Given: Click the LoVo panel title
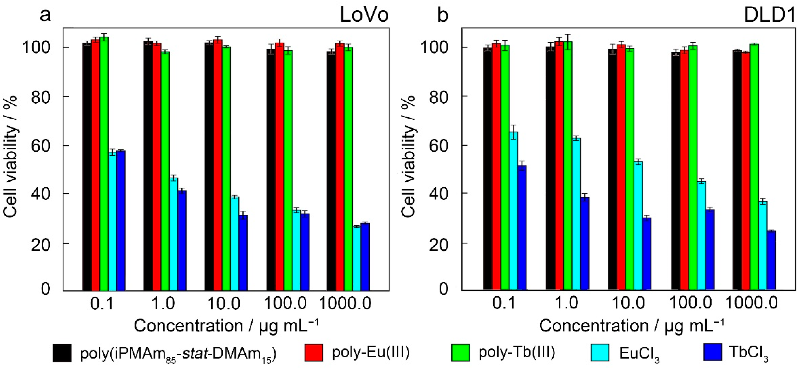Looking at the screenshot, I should pyautogui.click(x=364, y=15).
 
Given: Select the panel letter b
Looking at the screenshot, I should pyautogui.click(x=442, y=15).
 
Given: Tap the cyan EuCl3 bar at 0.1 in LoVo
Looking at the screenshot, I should pyautogui.click(x=112, y=221).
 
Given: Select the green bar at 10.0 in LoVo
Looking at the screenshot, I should pyautogui.click(x=226, y=168).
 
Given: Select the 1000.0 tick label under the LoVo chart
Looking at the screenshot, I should pyautogui.click(x=345, y=303).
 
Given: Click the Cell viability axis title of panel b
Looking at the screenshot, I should pyautogui.click(x=408, y=156).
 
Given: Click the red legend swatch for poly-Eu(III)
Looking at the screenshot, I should pyautogui.click(x=313, y=353).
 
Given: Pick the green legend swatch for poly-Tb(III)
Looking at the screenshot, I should pyautogui.click(x=460, y=353).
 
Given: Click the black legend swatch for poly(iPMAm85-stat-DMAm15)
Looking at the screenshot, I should pyautogui.click(x=62, y=353).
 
